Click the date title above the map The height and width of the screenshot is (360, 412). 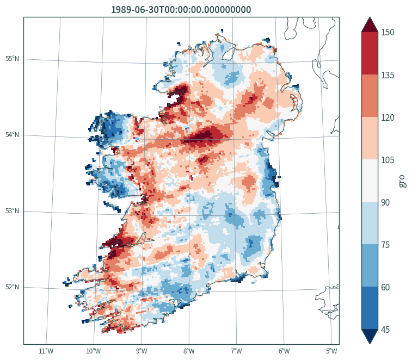pyautogui.click(x=181, y=10)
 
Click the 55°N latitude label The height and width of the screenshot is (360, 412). pyautogui.click(x=13, y=59)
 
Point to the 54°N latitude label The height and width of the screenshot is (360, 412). pyautogui.click(x=13, y=135)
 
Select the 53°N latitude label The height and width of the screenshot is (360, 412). pyautogui.click(x=13, y=211)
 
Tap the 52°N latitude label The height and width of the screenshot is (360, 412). pyautogui.click(x=13, y=287)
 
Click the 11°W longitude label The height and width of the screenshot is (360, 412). pyautogui.click(x=46, y=351)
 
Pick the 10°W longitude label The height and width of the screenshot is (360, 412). pyautogui.click(x=94, y=351)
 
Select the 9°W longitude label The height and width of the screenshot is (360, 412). pyautogui.click(x=142, y=351)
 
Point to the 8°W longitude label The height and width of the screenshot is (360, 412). pyautogui.click(x=189, y=351)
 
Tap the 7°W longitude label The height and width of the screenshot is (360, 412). pyautogui.click(x=237, y=351)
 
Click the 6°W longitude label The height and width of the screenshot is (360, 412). pyautogui.click(x=284, y=351)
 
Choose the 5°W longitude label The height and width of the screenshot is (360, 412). pyautogui.click(x=331, y=351)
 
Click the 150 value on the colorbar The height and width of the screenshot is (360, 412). pyautogui.click(x=388, y=32)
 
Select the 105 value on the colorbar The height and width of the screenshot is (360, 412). pyautogui.click(x=388, y=160)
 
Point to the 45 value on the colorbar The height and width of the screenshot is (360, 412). pyautogui.click(x=385, y=330)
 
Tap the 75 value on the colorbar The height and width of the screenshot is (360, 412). pyautogui.click(x=385, y=245)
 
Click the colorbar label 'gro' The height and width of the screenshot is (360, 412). pyautogui.click(x=402, y=181)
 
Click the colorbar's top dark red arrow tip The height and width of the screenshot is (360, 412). pyautogui.click(x=370, y=17)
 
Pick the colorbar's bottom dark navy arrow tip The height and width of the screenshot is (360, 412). pyautogui.click(x=370, y=344)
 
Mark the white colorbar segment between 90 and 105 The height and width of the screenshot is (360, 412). pyautogui.click(x=370, y=181)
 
